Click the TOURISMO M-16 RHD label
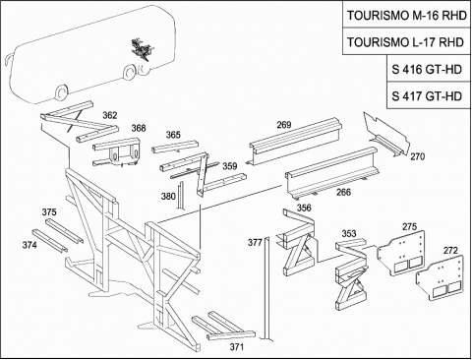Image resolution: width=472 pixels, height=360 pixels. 407,16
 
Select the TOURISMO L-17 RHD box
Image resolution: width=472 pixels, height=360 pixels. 406,41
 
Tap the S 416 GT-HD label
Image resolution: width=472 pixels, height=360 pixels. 427,70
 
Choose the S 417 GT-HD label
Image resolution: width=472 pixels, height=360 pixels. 427,96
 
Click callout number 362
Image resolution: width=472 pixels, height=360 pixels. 110,115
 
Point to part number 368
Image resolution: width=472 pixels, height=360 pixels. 139,128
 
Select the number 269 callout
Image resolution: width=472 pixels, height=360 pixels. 284,125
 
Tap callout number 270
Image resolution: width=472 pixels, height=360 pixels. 417,156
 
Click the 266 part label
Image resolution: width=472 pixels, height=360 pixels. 343,192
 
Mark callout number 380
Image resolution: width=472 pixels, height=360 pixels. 168,197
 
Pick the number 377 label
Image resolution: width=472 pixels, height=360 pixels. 255,243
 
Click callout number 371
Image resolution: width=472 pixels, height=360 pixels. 237,347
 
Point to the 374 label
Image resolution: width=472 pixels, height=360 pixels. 29,245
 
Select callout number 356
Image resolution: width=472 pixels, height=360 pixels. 304,208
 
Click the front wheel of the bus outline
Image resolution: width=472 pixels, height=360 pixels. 61,92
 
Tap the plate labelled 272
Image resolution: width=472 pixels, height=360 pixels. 441,276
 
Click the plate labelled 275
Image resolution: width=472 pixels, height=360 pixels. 402,253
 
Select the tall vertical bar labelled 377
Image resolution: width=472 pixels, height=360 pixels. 267,288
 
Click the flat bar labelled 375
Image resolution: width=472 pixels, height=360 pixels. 64,231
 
